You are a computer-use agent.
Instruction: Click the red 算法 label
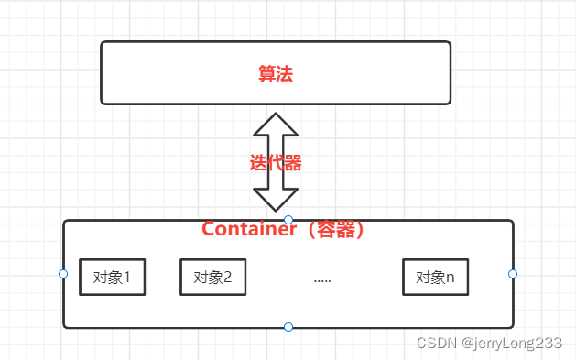tap(275, 74)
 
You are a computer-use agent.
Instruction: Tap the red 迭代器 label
tap(276, 164)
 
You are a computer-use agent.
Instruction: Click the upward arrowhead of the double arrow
tap(276, 125)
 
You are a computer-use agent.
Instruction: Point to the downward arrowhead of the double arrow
tap(276, 202)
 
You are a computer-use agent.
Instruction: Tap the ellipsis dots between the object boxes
tap(322, 278)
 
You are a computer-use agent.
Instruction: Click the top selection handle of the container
tap(288, 220)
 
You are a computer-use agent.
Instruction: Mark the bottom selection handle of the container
tap(288, 327)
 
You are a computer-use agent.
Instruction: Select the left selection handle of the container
tap(63, 274)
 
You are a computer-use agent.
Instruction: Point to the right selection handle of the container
tap(513, 274)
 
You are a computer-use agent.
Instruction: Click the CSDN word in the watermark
tap(437, 343)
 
